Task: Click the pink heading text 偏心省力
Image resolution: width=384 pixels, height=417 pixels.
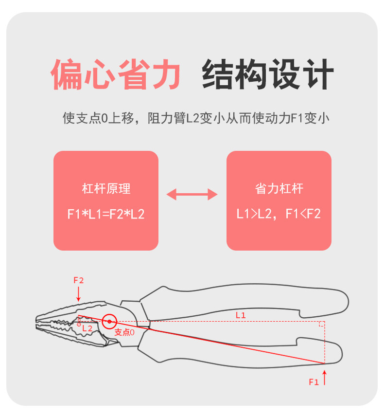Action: coord(116,74)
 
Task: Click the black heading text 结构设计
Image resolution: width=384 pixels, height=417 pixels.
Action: coord(268,74)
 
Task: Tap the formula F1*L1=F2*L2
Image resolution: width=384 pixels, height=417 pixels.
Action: coord(106,214)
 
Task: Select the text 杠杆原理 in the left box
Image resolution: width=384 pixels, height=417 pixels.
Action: coord(106,189)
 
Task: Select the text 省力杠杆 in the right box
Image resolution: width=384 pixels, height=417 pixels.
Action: coord(279,189)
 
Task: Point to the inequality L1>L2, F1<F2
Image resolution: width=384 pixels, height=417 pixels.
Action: coord(279,214)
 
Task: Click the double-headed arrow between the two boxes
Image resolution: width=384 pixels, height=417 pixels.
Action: coord(192,195)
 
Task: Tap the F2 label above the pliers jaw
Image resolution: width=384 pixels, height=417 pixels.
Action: coord(79,280)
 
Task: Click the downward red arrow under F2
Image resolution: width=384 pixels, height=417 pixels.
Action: coord(79,294)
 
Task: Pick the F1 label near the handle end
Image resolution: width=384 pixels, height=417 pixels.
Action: coord(314,382)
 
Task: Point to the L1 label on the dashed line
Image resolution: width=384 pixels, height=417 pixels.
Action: coord(241,315)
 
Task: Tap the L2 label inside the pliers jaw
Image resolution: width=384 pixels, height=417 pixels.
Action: coord(87,328)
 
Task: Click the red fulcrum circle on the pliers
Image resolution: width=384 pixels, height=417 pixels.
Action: coord(110,321)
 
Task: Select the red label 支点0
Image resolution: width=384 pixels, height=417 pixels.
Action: coord(124,332)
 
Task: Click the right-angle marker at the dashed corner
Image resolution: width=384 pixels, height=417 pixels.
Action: coord(322,324)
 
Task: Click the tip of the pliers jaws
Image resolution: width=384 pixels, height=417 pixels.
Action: coord(38,322)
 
